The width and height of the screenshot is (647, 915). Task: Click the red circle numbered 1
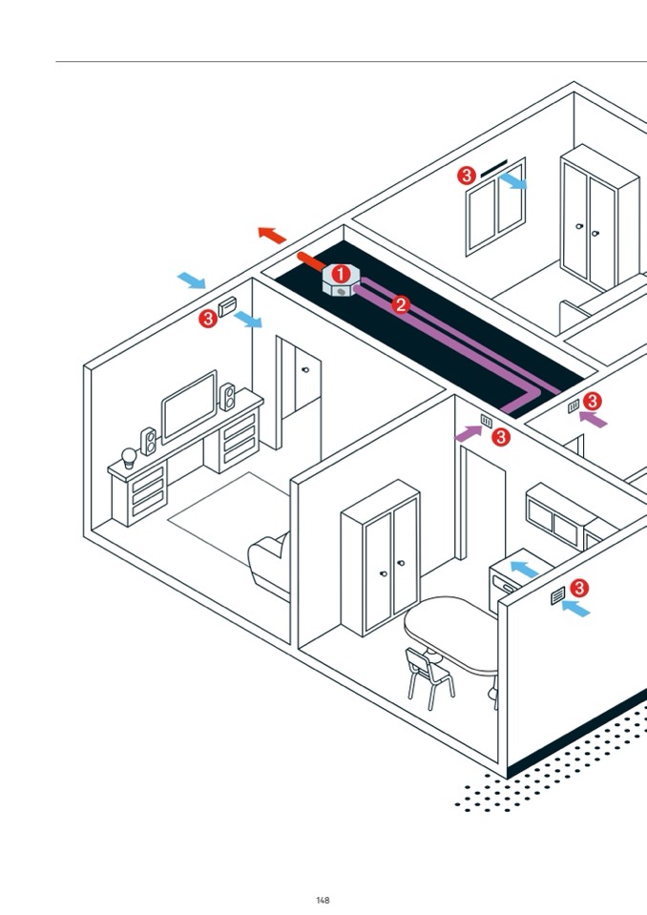click(x=341, y=274)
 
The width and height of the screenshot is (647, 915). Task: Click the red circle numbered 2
click(x=401, y=305)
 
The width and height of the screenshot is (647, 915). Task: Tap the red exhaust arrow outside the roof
click(x=272, y=234)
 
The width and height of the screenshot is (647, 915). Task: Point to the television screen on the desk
click(x=189, y=406)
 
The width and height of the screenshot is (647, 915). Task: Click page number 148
click(x=323, y=900)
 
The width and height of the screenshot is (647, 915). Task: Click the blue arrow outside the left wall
click(x=192, y=281)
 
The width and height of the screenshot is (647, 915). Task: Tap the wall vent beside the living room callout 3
click(x=228, y=307)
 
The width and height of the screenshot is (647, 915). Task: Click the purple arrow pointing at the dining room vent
click(x=468, y=432)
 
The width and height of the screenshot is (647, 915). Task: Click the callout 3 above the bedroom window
click(x=466, y=176)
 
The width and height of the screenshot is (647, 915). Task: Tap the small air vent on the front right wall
click(x=558, y=598)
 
